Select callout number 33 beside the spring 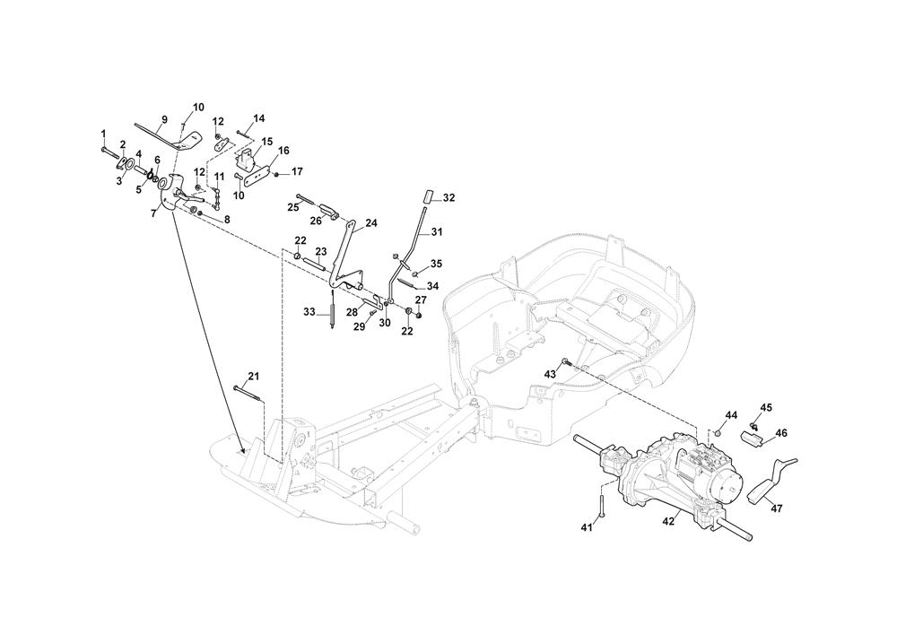point(309,312)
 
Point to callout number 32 point(449,198)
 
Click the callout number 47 point(777,508)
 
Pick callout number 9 point(164,119)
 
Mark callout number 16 point(283,151)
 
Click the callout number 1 point(103,135)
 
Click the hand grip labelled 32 point(427,195)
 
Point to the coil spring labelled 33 point(333,311)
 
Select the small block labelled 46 point(751,439)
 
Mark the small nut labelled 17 point(275,173)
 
